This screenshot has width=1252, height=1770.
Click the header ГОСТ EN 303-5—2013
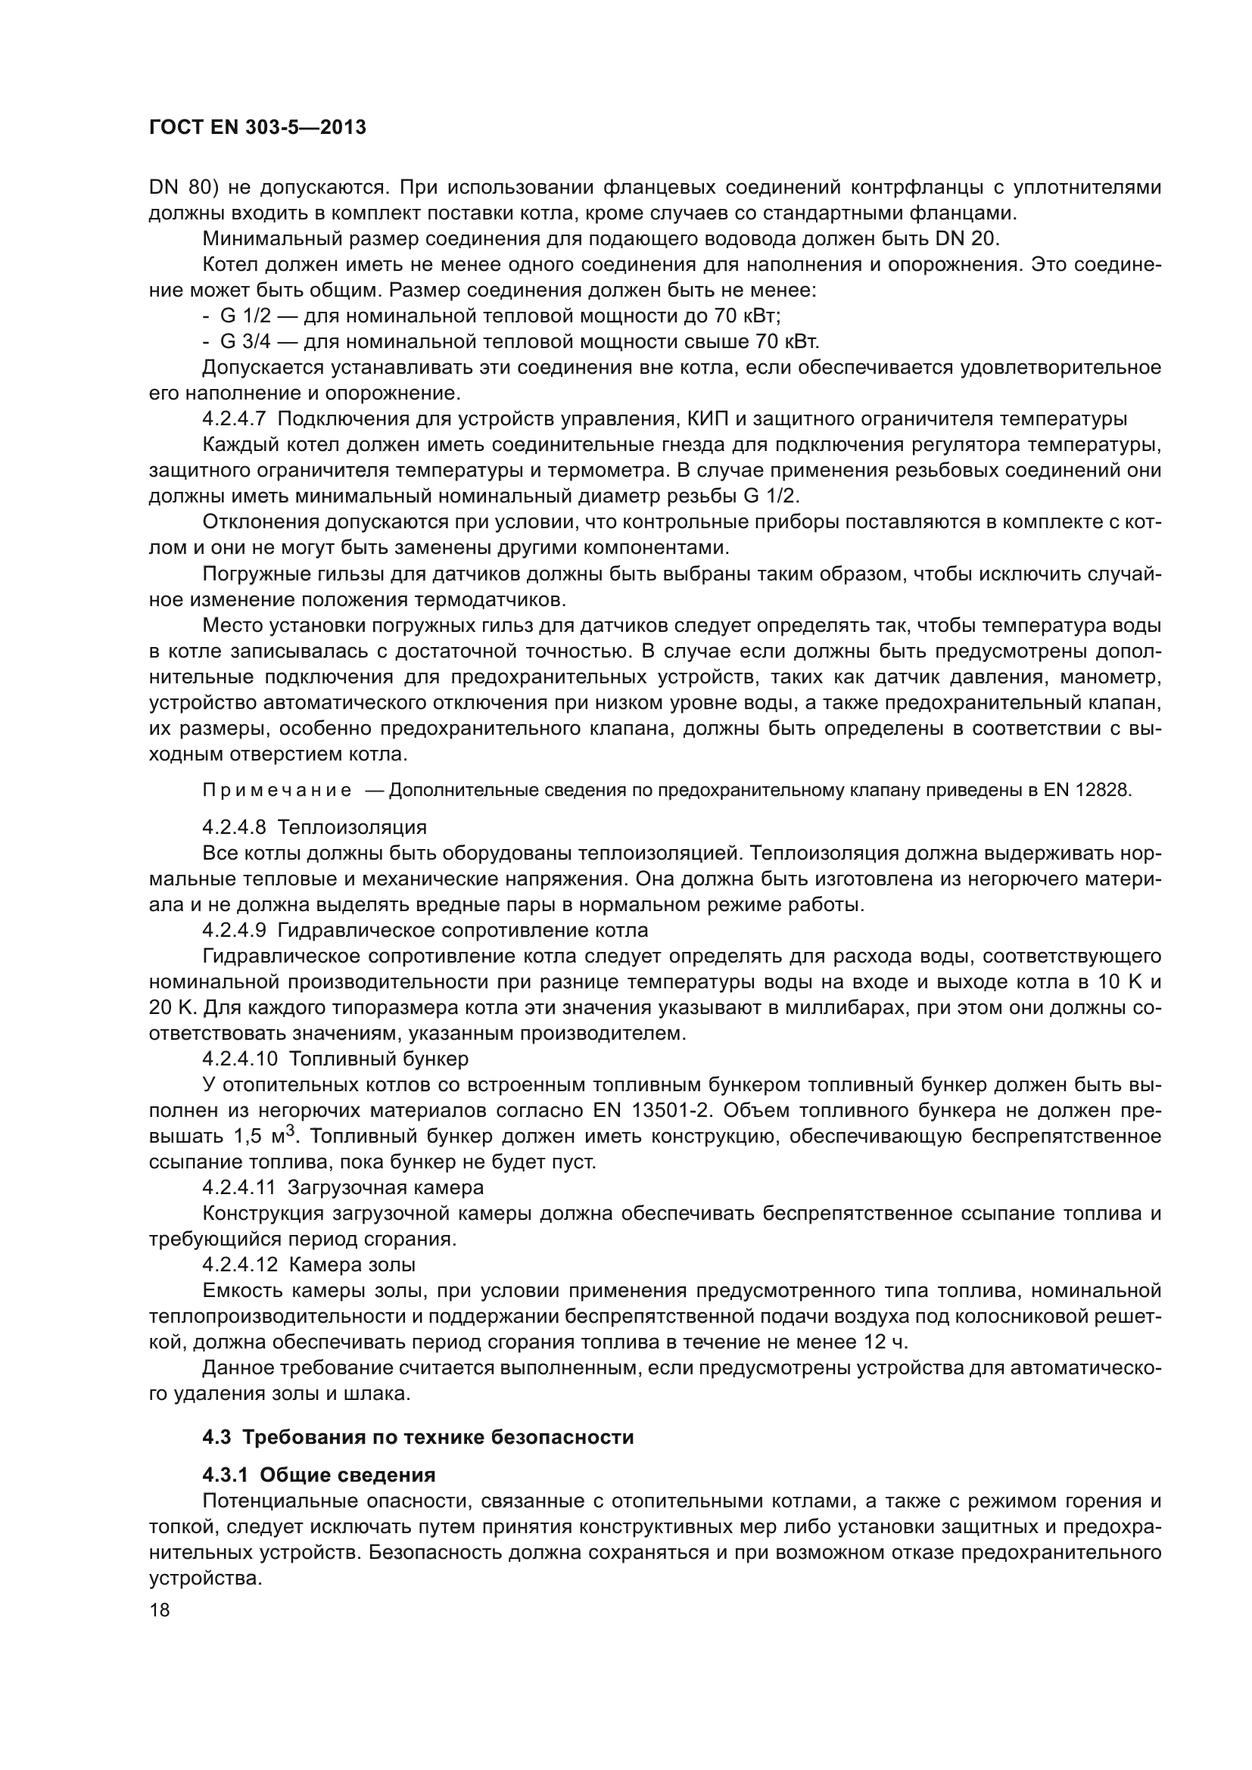coord(257,128)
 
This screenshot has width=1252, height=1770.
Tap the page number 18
coord(160,1609)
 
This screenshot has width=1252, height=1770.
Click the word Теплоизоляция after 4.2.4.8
coord(351,827)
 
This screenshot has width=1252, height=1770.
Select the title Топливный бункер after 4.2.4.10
coord(378,1059)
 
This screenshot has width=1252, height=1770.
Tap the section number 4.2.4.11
coord(239,1187)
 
